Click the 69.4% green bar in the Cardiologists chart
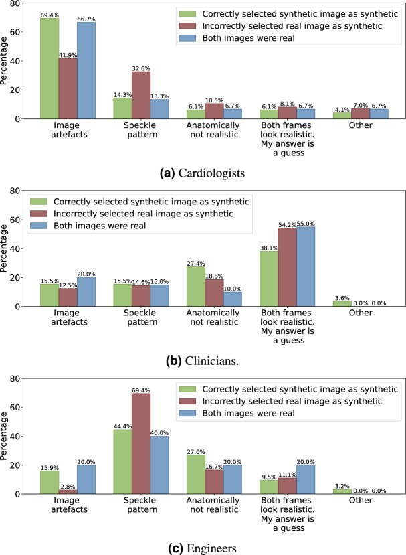tap(49, 68)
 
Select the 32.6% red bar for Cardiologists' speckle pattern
tap(141, 95)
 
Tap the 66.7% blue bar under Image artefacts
tap(86, 70)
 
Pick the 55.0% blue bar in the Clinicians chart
tap(306, 266)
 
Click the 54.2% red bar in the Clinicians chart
tap(288, 267)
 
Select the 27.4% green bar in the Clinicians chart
tap(196, 287)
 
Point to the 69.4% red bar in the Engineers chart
tap(141, 443)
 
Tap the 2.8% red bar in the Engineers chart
tap(68, 492)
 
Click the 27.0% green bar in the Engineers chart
tap(196, 474)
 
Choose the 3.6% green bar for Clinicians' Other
tap(342, 304)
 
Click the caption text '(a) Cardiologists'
tap(202, 173)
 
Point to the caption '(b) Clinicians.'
tap(202, 361)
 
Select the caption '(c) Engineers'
tap(202, 548)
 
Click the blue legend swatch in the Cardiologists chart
tap(187, 38)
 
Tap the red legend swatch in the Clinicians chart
tap(39, 214)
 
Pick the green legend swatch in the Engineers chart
tap(187, 389)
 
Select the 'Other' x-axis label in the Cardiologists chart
tap(361, 125)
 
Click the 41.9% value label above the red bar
tap(68, 55)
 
